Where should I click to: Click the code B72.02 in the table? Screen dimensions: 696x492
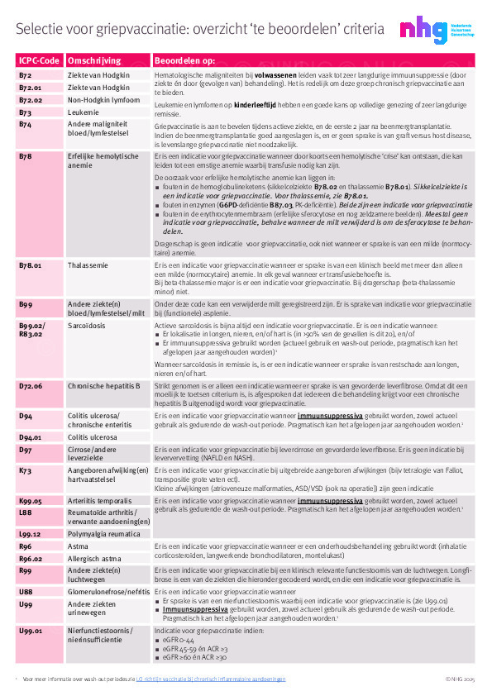point(31,99)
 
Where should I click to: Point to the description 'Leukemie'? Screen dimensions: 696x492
point(84,112)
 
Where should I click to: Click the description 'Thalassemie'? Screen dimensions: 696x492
point(89,265)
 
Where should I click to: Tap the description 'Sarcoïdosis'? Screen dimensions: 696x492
point(88,326)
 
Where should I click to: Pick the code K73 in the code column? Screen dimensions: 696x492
point(26,470)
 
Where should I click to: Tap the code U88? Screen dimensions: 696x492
point(26,593)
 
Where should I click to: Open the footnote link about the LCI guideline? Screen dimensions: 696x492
point(211,679)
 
